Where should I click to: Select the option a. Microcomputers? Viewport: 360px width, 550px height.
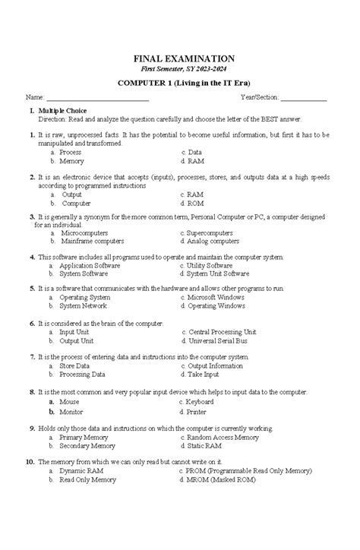click(82, 232)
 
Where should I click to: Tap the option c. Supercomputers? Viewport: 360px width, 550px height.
click(206, 232)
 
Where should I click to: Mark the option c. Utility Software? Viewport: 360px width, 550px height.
click(206, 266)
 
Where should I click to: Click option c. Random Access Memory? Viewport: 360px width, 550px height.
click(219, 438)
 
